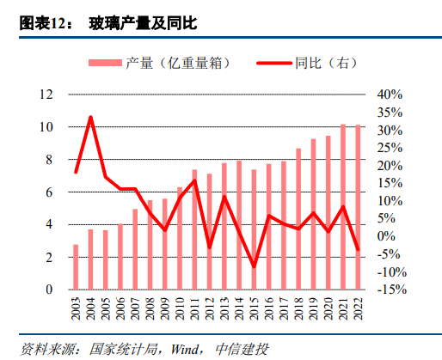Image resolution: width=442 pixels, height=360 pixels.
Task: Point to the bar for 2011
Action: click(194, 229)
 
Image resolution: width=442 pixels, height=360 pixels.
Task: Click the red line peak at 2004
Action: click(90, 117)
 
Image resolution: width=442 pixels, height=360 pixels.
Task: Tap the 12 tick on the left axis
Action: click(48, 95)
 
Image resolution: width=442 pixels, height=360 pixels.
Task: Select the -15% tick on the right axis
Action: click(390, 290)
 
